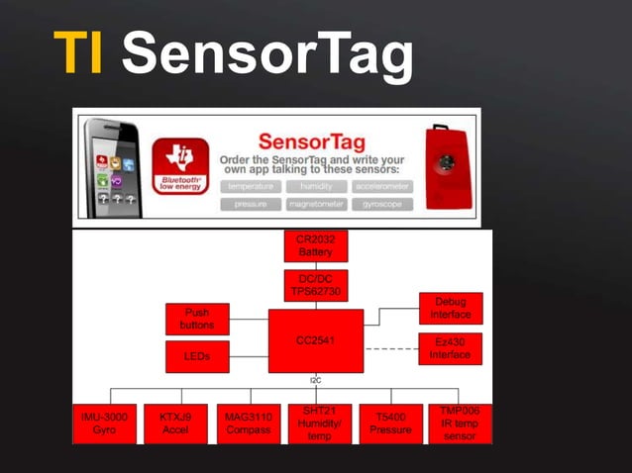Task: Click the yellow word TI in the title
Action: coord(78,54)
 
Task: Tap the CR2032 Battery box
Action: coord(316,246)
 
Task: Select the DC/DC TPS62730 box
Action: coord(316,285)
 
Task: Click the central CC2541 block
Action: coord(316,340)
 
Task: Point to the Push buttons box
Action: coord(197,319)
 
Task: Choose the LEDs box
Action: coord(197,356)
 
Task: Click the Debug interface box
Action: coord(451,308)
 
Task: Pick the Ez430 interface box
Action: coord(451,348)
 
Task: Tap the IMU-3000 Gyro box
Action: coord(104,424)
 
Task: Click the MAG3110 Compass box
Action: coord(247,424)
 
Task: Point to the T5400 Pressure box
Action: coord(390,424)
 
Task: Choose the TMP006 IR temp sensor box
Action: coord(460,423)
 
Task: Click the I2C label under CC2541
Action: coord(316,379)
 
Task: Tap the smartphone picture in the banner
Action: coord(112,166)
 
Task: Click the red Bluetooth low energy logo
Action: coord(179,165)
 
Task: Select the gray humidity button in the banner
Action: coord(316,186)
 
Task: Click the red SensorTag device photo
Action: coord(447,165)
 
